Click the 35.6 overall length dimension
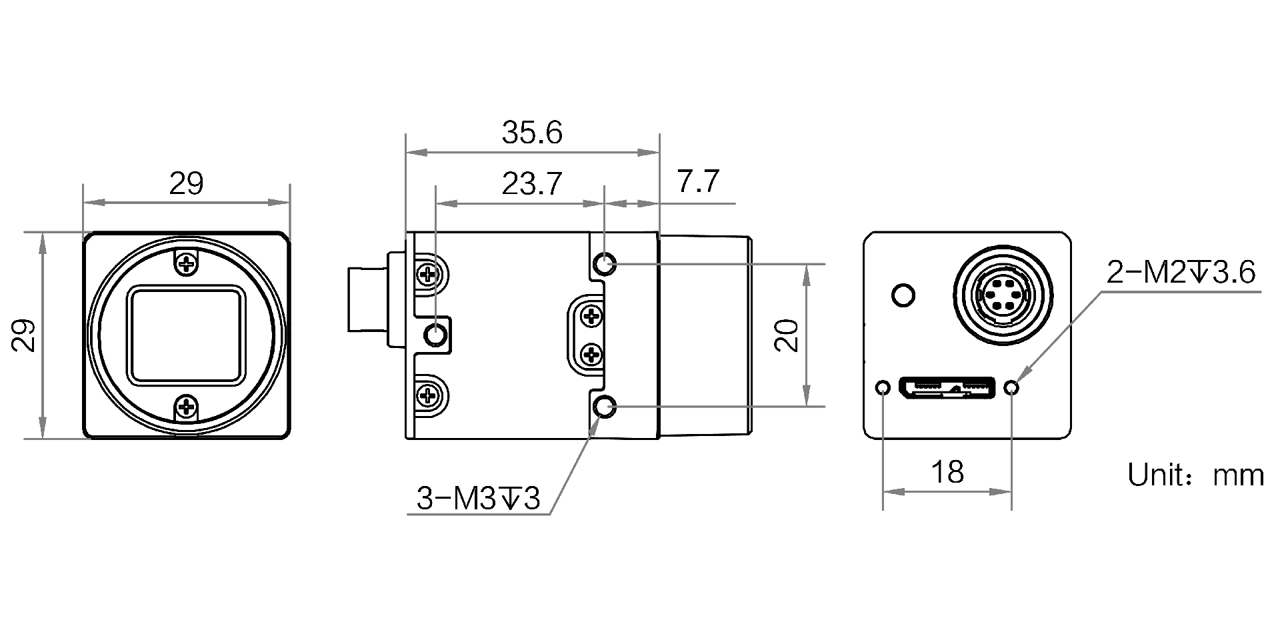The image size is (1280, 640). (532, 133)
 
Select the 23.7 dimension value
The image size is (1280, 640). (532, 183)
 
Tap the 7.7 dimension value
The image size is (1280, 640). (698, 181)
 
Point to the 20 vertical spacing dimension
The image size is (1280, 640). (788, 335)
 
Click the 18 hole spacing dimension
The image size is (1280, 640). (947, 472)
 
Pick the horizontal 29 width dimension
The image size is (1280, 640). (186, 183)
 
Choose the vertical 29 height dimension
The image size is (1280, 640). (23, 335)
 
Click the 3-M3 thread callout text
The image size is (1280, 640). (478, 498)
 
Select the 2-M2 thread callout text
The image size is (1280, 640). (1181, 272)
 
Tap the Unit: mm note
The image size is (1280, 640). (1195, 475)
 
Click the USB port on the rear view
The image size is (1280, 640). (947, 387)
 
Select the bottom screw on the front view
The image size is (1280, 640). (187, 407)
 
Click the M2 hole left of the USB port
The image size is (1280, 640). (883, 387)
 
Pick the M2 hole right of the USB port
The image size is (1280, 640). (1013, 387)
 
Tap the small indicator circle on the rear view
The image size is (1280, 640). (903, 295)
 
